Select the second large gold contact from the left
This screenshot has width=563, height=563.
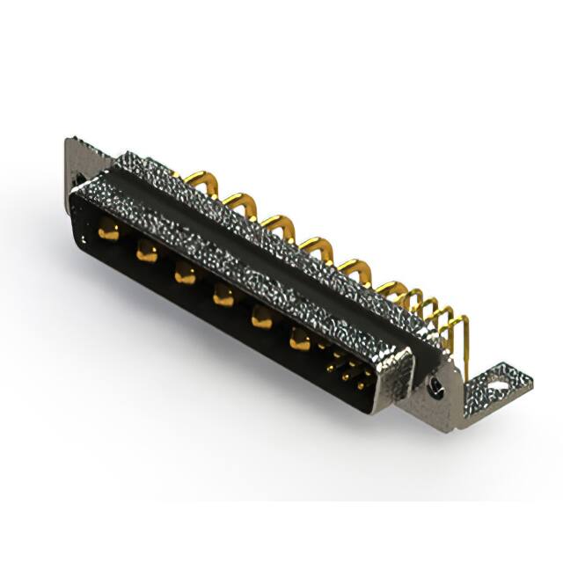pyautogui.click(x=146, y=253)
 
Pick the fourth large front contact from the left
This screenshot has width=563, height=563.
pyautogui.click(x=222, y=296)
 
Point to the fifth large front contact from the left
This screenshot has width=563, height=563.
pyautogui.click(x=261, y=318)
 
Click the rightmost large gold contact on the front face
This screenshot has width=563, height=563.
pyautogui.click(x=301, y=339)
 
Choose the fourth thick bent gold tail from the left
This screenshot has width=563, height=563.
pyautogui.click(x=314, y=243)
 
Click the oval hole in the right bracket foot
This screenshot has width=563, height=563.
pyautogui.click(x=501, y=383)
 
